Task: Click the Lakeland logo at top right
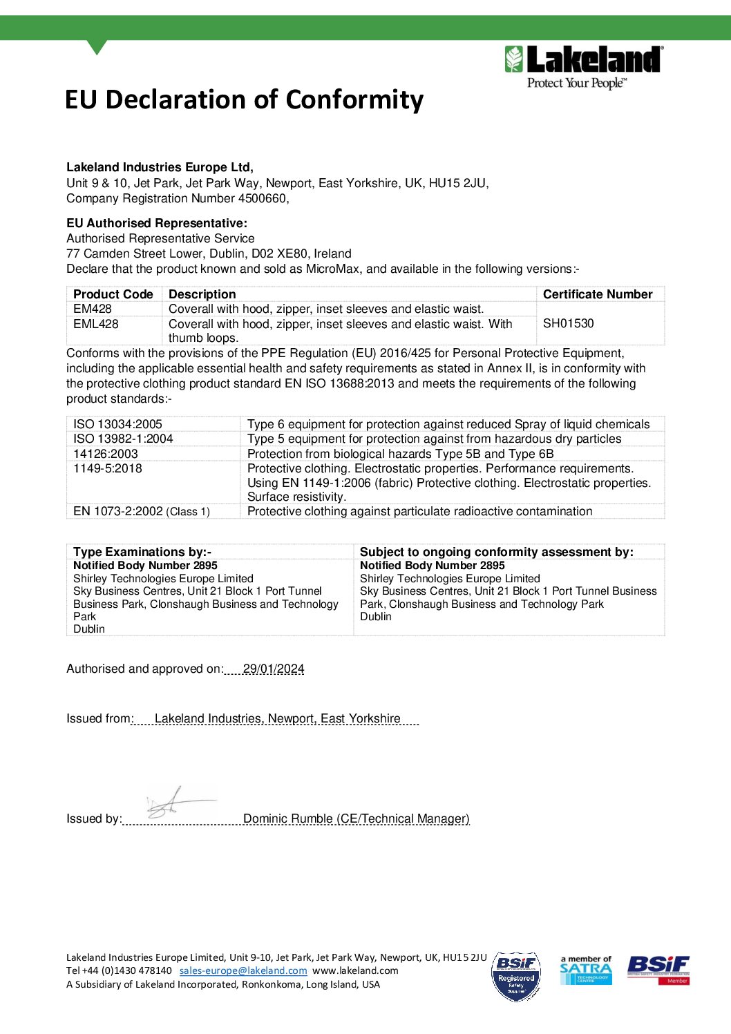pyautogui.click(x=584, y=67)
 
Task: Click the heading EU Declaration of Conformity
pyautogui.click(x=244, y=99)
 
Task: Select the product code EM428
pyautogui.click(x=93, y=309)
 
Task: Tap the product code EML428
pyautogui.click(x=96, y=323)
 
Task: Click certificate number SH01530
pyautogui.click(x=568, y=323)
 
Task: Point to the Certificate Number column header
pyautogui.click(x=597, y=294)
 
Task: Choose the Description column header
pyautogui.click(x=202, y=294)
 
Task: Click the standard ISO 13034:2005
pyautogui.click(x=117, y=424)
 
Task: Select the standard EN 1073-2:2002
pyautogui.click(x=118, y=511)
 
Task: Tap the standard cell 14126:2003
pyautogui.click(x=106, y=454)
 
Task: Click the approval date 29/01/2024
pyautogui.click(x=274, y=669)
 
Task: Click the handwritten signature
pyautogui.click(x=176, y=803)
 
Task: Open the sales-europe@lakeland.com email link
pyautogui.click(x=243, y=970)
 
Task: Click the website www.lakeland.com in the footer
pyautogui.click(x=355, y=970)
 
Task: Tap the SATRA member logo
pyautogui.click(x=585, y=970)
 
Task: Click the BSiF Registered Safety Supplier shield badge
pyautogui.click(x=516, y=977)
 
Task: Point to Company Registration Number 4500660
pyautogui.click(x=177, y=198)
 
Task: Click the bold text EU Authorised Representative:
pyautogui.click(x=156, y=223)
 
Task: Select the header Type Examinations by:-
pyautogui.click(x=142, y=552)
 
